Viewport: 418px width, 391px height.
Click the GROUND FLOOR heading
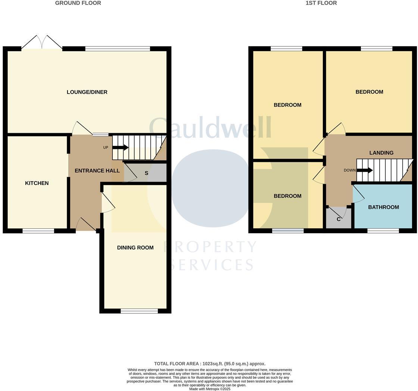coord(78,3)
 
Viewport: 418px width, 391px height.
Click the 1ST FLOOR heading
coord(321,3)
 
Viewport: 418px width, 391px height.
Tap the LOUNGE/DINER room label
coord(87,92)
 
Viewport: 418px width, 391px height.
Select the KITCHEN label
coord(37,183)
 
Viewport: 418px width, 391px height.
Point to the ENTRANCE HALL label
coord(97,171)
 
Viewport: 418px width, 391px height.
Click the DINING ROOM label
coord(135,248)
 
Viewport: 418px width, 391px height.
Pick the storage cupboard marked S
coord(146,173)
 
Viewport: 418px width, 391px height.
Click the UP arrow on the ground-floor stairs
coord(120,148)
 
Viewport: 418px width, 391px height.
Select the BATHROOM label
coord(383,207)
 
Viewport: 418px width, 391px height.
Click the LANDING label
coord(381,153)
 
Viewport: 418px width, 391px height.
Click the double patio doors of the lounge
coord(42,43)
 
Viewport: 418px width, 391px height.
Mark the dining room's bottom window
coord(139,311)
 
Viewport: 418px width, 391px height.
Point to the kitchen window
coord(38,231)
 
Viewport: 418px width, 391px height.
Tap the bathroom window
coord(383,231)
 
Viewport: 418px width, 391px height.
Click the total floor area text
coord(210,364)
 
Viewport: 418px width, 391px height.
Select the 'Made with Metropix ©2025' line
coord(210,389)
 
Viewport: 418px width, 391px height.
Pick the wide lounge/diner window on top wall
coord(118,49)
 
